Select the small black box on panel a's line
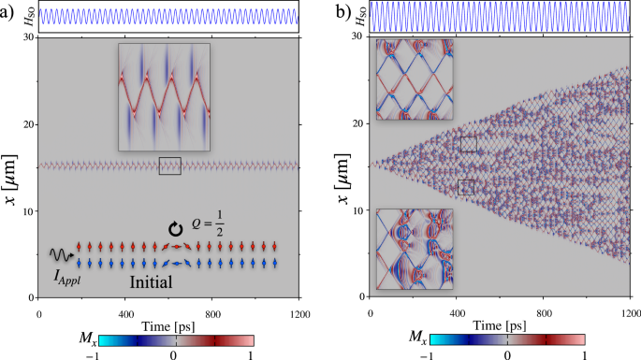coord(169,166)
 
